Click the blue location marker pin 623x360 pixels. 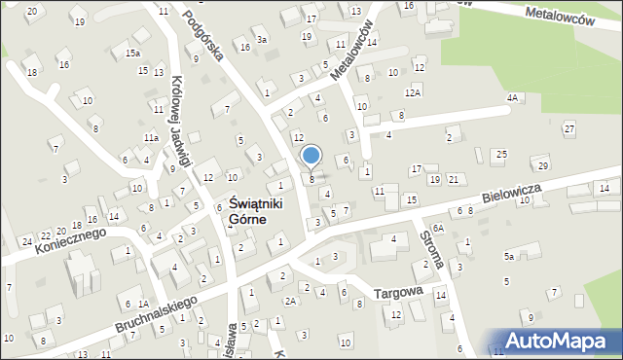(x=311, y=156)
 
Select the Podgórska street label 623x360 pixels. (x=204, y=38)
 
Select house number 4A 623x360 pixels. (x=512, y=98)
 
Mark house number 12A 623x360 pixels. (x=413, y=92)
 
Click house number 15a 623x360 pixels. (x=131, y=54)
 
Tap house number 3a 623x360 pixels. (x=262, y=40)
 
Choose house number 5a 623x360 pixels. (x=508, y=257)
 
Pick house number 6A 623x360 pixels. (x=439, y=228)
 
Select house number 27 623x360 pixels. (x=568, y=129)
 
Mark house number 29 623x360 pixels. (x=543, y=165)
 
